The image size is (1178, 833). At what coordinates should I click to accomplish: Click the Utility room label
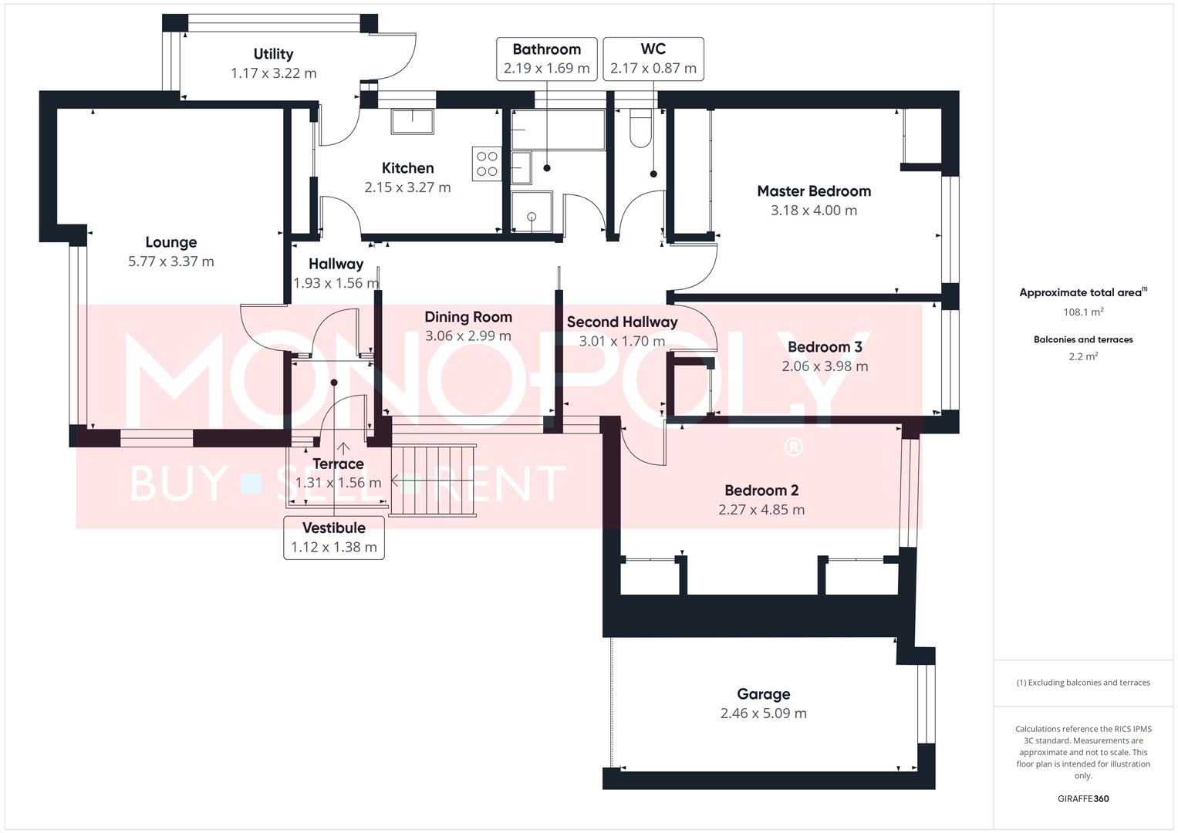point(273,54)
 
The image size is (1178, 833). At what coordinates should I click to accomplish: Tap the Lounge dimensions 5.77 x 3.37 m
point(171,261)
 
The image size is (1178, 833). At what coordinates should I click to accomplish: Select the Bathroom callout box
point(546,59)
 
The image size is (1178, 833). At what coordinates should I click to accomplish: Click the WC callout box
point(653,59)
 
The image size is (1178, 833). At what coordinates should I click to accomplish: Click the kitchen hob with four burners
point(487,164)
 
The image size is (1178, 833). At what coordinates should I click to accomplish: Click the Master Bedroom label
point(814,191)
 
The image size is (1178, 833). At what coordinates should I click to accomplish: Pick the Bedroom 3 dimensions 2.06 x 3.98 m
point(825,366)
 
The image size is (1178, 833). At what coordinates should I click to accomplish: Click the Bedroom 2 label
point(761,491)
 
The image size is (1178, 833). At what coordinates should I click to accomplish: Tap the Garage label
point(763,694)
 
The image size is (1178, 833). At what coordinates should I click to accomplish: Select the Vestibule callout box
point(334,538)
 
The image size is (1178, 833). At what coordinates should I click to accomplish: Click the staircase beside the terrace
point(432,479)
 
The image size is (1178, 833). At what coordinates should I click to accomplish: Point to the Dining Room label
point(468,317)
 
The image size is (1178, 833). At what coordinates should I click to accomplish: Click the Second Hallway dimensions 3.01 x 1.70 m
point(622,341)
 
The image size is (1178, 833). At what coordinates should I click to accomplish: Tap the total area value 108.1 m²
point(1083,312)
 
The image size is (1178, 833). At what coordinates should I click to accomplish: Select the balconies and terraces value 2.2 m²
point(1083,356)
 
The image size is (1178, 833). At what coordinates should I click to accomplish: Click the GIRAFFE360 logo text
point(1083,798)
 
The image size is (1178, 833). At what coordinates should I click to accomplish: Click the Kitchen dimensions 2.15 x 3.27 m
point(407,187)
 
